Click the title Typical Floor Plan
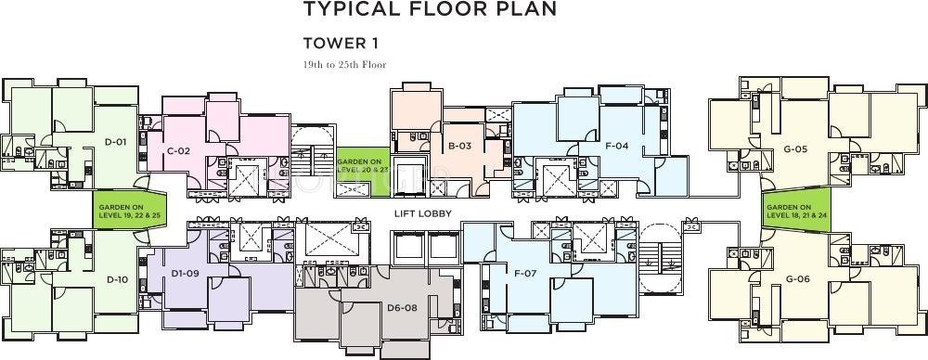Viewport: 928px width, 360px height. pos(431,8)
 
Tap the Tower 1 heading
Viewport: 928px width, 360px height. pos(341,43)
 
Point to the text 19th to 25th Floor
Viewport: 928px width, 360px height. pos(344,65)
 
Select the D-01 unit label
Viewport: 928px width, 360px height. pos(116,142)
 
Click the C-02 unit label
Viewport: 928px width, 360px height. pos(178,150)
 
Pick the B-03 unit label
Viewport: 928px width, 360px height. pos(459,145)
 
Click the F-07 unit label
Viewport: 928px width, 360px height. pos(525,273)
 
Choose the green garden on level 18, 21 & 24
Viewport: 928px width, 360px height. pos(796,211)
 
